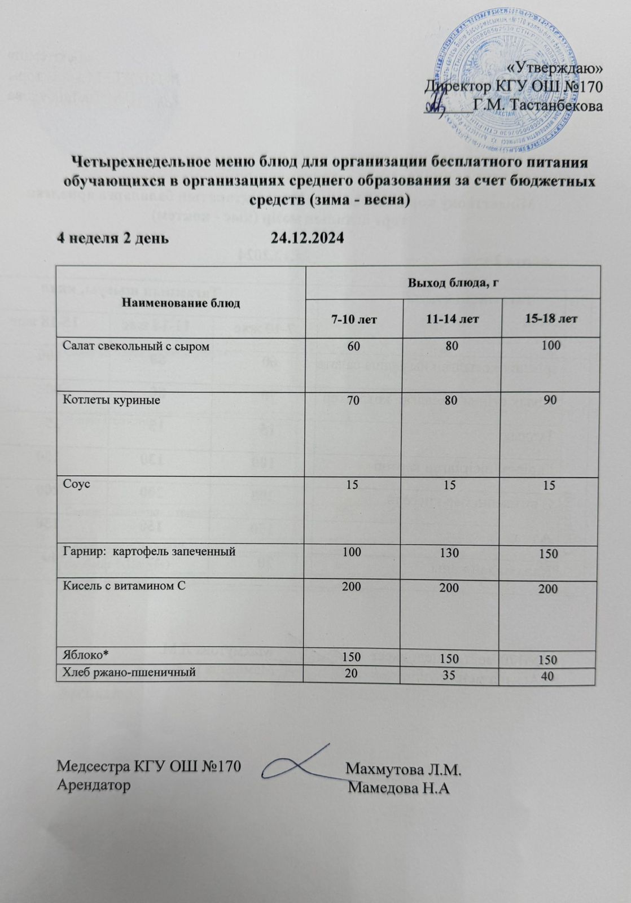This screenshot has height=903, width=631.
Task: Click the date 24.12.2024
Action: click(307, 238)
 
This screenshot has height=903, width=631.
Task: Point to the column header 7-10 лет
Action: click(354, 319)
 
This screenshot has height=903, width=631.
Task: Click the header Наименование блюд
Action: click(181, 303)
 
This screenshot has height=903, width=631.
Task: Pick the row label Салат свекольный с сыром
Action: click(135, 347)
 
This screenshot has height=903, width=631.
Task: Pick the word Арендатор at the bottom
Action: click(94, 785)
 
